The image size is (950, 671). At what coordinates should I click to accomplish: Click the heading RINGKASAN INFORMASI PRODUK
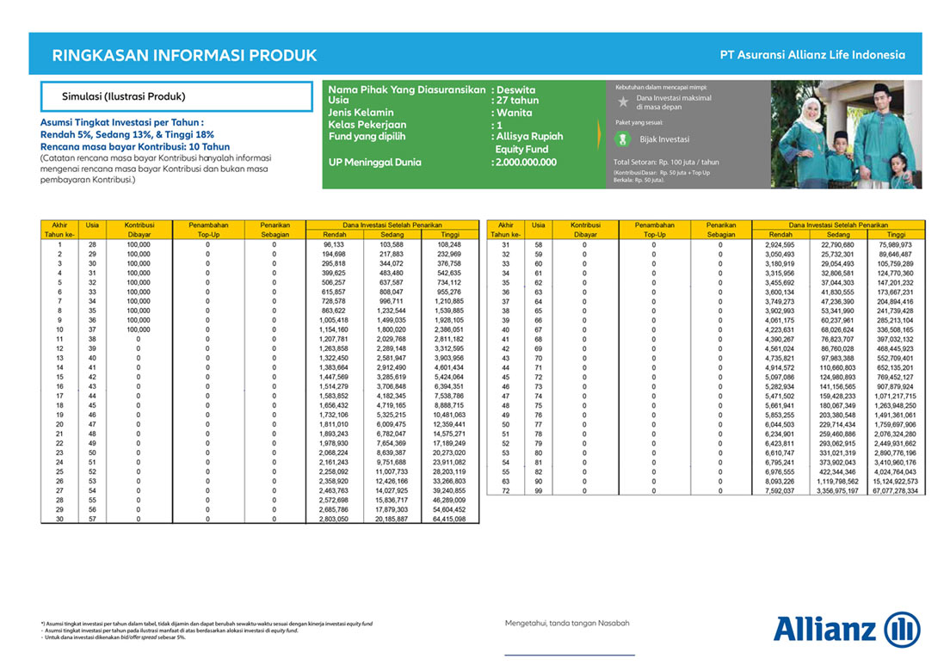click(x=185, y=56)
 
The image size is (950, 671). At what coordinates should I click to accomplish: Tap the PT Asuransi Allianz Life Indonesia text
click(x=812, y=55)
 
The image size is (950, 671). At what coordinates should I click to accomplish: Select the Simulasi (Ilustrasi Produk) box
click(x=176, y=96)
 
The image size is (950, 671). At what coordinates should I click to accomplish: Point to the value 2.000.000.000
click(x=525, y=163)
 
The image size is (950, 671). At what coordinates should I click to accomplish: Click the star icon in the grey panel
click(x=624, y=102)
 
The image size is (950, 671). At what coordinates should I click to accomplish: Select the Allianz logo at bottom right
click(x=847, y=629)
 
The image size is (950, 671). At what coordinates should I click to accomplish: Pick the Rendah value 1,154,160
click(x=334, y=329)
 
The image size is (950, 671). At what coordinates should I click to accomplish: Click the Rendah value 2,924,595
click(x=780, y=244)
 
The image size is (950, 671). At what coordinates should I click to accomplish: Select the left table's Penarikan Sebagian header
click(x=274, y=229)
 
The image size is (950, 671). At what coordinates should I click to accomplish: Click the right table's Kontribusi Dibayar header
click(x=585, y=229)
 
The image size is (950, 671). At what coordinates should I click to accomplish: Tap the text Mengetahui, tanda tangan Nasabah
click(x=567, y=623)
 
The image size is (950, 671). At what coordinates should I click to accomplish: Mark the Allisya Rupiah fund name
click(x=528, y=137)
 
